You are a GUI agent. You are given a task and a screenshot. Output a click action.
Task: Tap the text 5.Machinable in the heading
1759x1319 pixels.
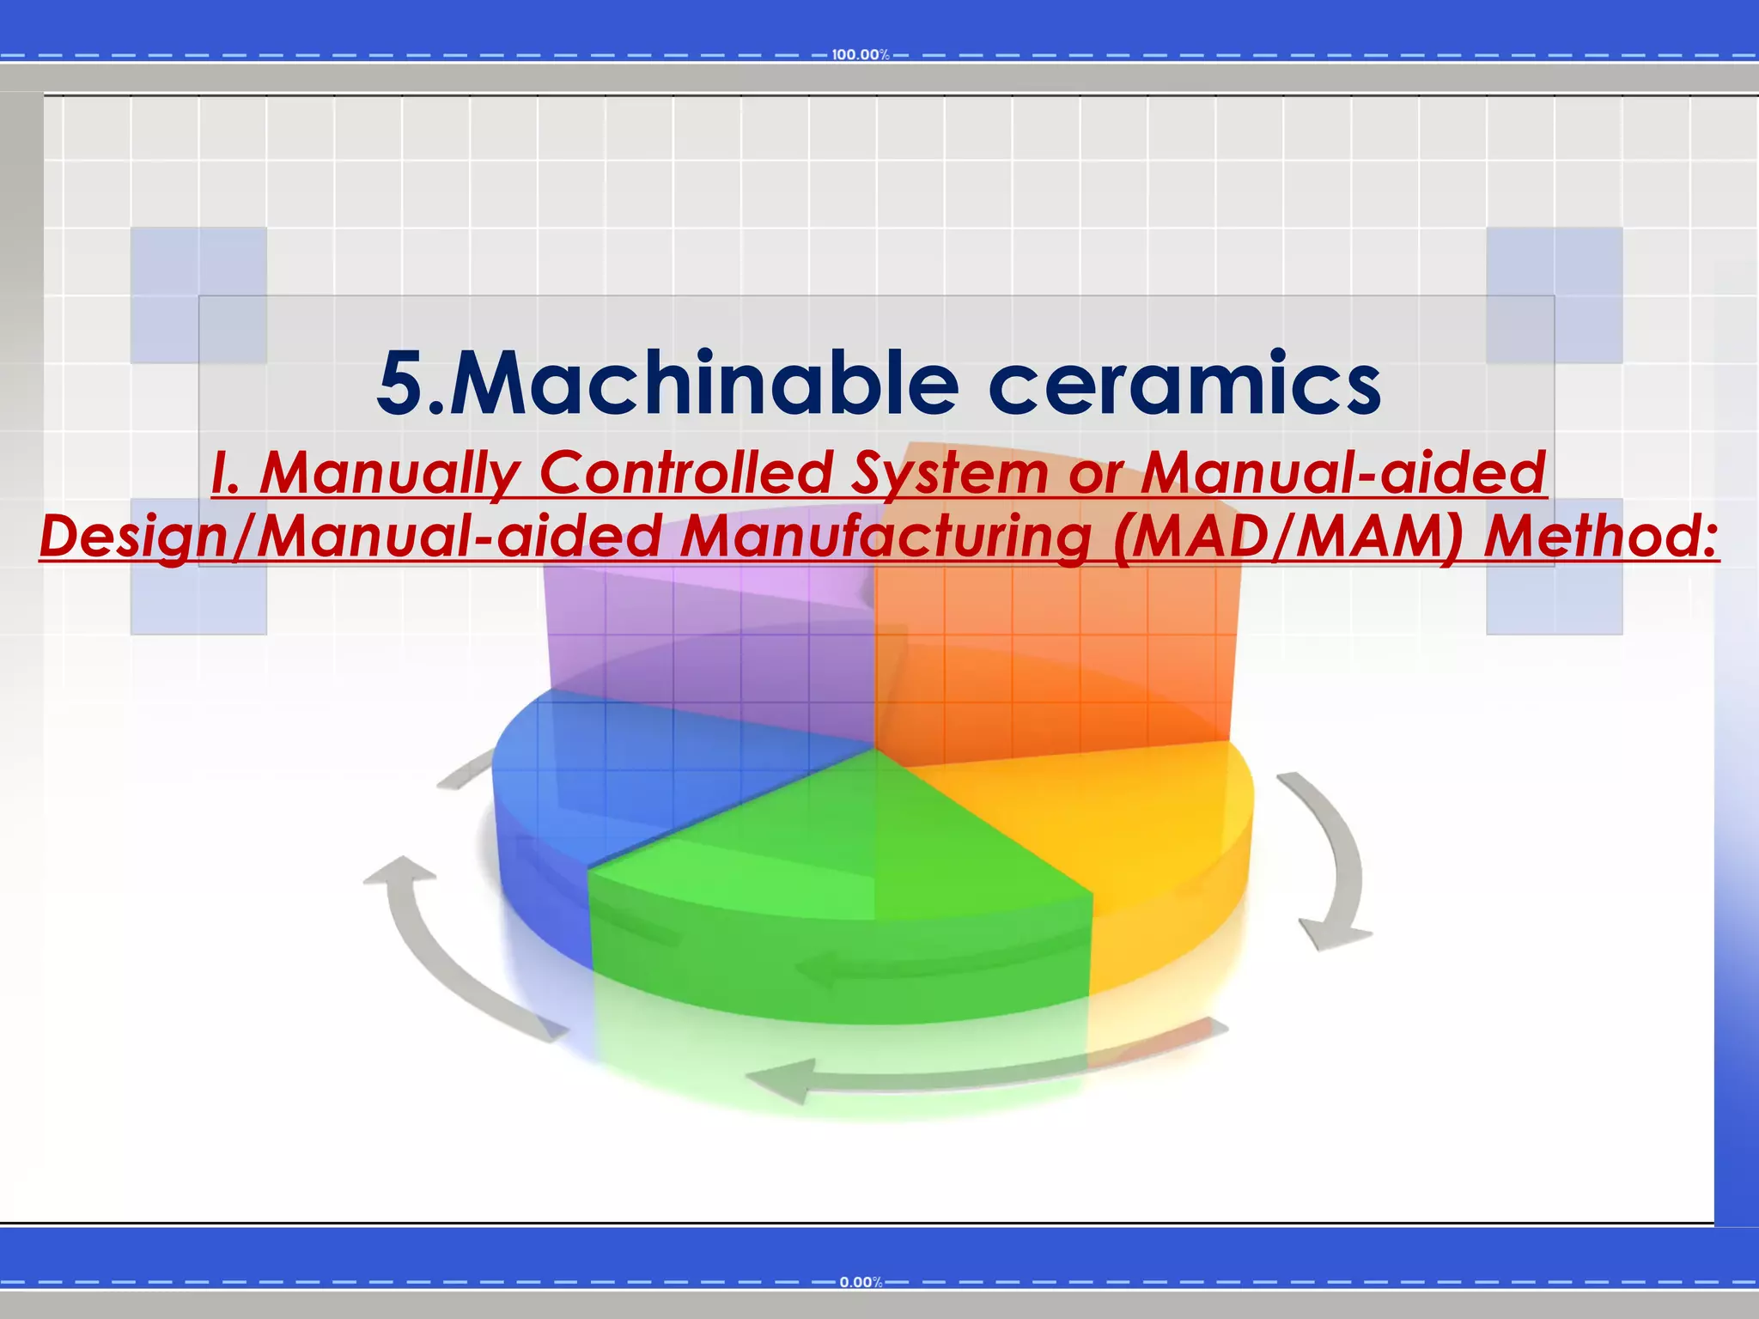[x=666, y=384]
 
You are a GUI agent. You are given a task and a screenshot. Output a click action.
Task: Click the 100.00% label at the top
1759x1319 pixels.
[x=860, y=55]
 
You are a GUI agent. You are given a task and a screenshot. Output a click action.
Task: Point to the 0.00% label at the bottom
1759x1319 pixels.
[x=861, y=1282]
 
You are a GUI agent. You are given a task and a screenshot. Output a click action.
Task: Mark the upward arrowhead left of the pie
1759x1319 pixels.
[x=400, y=872]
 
